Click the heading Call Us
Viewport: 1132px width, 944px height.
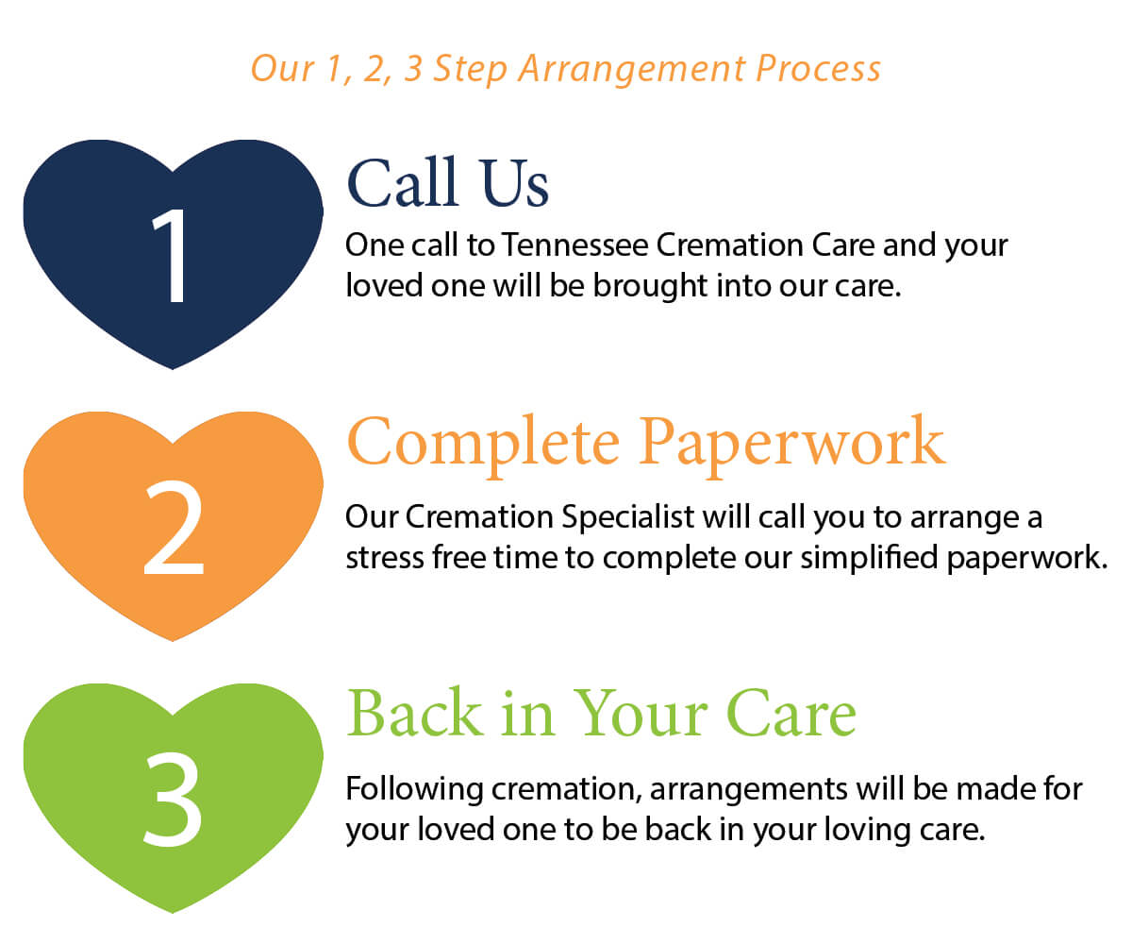coord(448,183)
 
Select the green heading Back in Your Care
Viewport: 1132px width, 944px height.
coord(601,714)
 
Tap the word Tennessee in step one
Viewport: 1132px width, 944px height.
coord(574,245)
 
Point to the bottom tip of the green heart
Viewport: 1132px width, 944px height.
coord(174,912)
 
